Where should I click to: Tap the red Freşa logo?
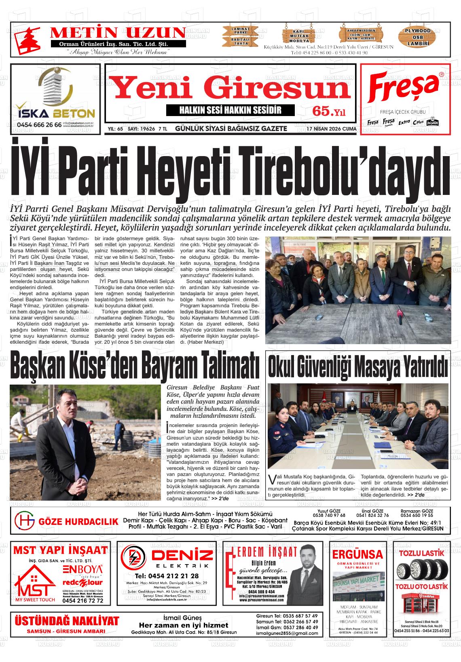(x=404, y=88)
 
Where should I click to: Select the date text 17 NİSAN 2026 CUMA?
(x=331, y=129)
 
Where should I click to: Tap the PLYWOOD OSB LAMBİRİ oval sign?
(x=418, y=37)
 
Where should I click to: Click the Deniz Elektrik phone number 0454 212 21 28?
(x=167, y=576)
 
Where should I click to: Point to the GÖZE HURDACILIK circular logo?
(x=24, y=521)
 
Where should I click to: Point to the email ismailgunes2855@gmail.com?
(x=287, y=633)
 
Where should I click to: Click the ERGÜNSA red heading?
(x=357, y=554)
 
